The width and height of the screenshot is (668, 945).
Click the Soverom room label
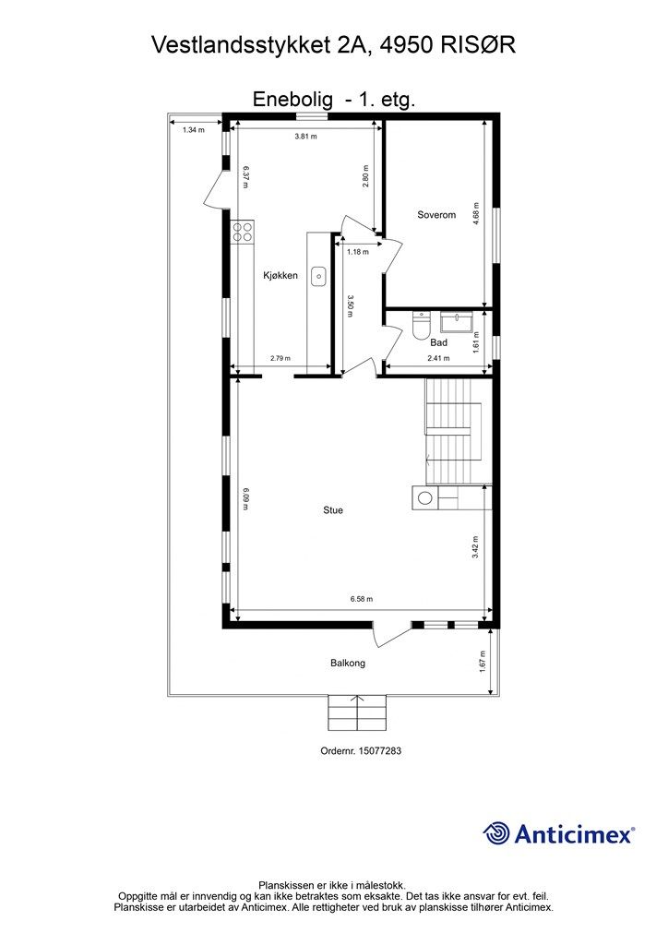[x=436, y=215]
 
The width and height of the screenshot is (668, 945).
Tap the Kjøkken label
[x=280, y=274]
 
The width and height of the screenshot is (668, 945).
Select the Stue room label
[x=333, y=509]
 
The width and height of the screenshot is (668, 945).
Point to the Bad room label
[x=439, y=341]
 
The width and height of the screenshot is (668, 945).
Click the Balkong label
[x=348, y=663]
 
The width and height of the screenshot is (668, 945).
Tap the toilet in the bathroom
[x=422, y=325]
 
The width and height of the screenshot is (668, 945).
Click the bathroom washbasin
[x=458, y=322]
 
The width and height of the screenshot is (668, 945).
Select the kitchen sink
[x=319, y=274]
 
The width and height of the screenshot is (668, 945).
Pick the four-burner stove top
[x=243, y=231]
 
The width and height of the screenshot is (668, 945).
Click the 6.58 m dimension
[x=362, y=599]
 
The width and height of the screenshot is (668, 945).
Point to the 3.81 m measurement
[x=305, y=137]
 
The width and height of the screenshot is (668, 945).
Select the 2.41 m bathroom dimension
[x=438, y=358]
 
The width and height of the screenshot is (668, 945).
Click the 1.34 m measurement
[x=193, y=130]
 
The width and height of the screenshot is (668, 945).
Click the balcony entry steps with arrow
[x=357, y=712]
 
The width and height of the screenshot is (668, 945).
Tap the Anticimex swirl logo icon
[x=496, y=833]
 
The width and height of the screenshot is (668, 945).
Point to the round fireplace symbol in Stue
[x=425, y=498]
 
